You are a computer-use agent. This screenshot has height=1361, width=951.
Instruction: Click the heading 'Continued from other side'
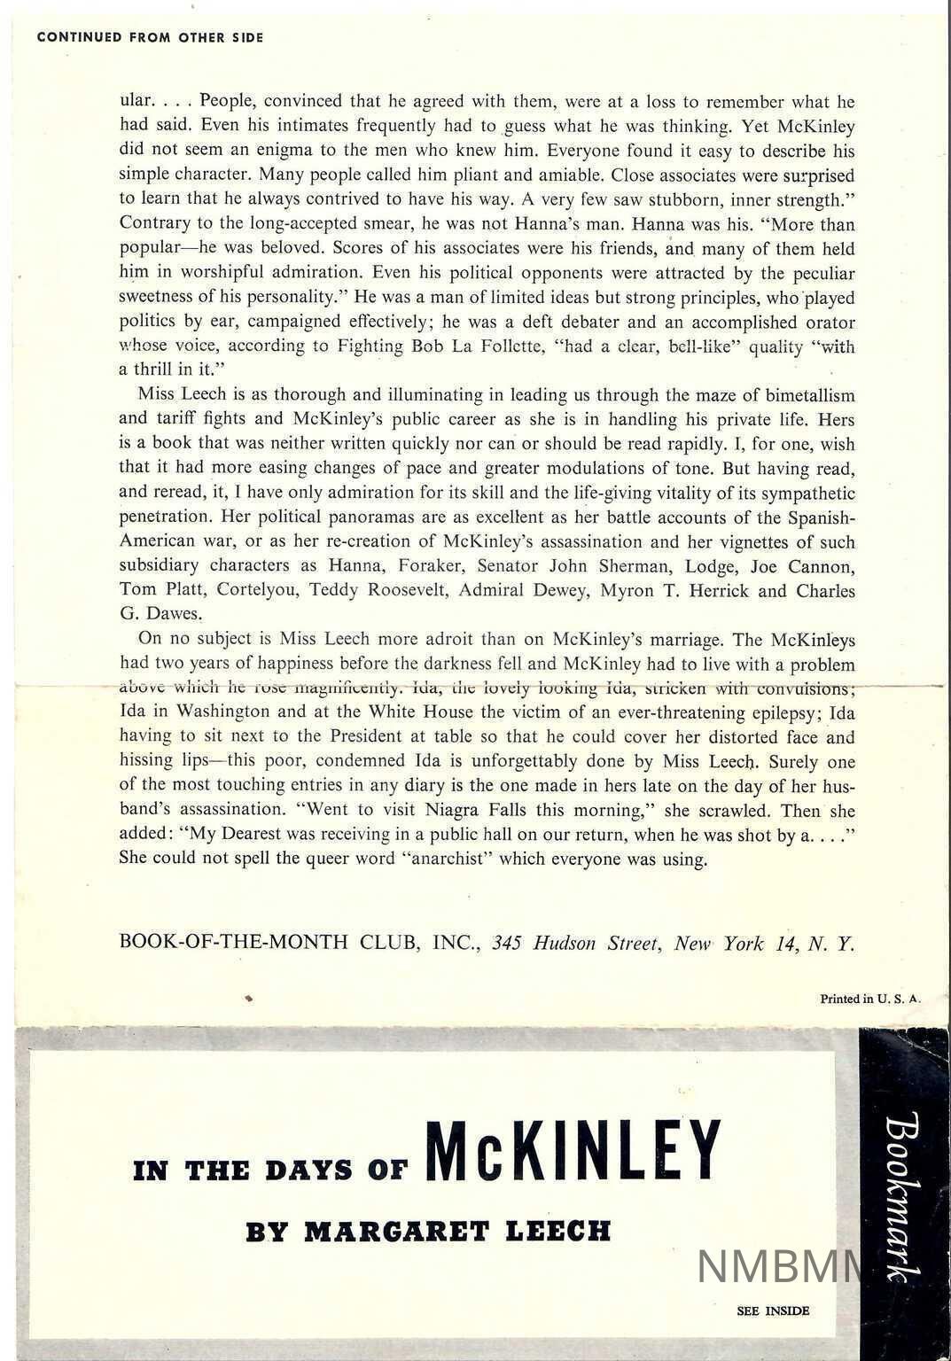[x=150, y=38]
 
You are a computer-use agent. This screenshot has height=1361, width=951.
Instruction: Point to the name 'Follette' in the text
[x=511, y=346]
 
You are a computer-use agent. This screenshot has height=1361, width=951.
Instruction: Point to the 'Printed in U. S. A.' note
[x=870, y=999]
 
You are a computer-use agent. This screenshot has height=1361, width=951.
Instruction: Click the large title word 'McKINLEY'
[x=573, y=1151]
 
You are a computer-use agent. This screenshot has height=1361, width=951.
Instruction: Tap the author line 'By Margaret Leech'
[x=428, y=1232]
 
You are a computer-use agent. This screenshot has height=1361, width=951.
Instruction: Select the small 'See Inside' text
[x=773, y=1310]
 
